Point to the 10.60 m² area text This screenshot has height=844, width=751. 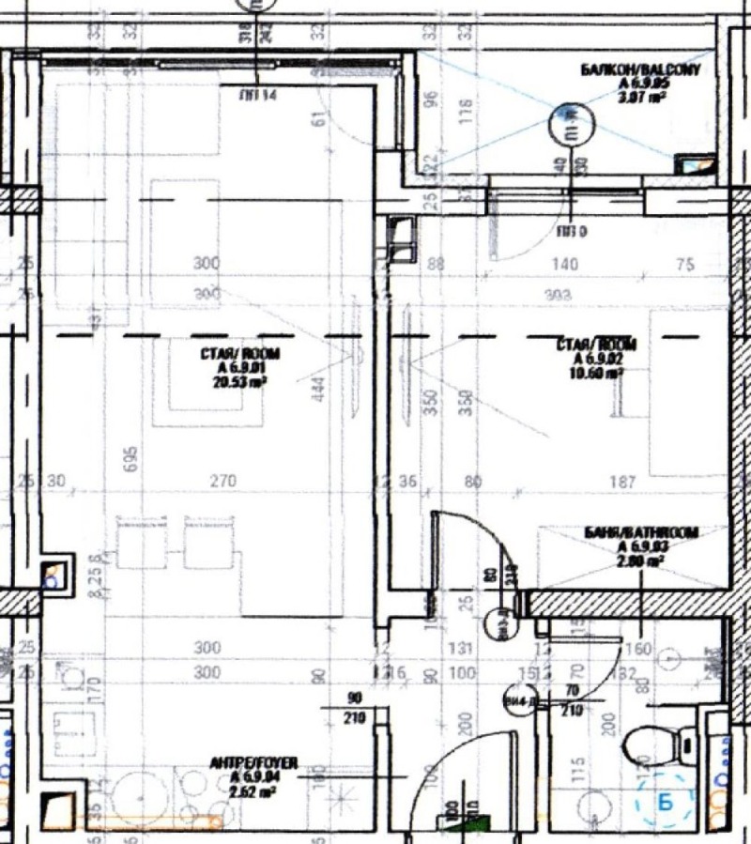601,372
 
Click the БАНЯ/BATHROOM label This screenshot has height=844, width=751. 641,533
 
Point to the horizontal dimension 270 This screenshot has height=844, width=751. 222,483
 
